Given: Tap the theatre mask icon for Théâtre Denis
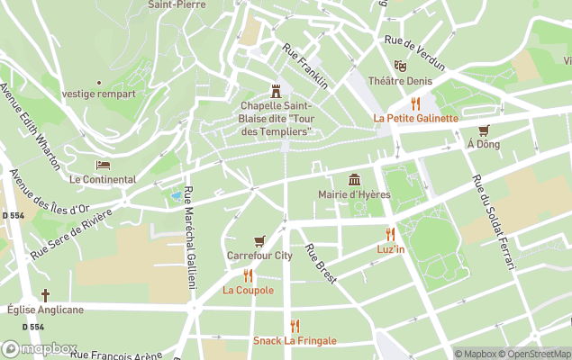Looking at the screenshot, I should tap(400, 66).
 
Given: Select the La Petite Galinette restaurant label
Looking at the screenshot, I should tap(415, 118).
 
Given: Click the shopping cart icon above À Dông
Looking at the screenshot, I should tap(484, 130).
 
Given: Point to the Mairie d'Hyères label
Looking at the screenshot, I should tap(355, 194).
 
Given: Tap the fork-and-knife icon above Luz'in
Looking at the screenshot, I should tap(390, 234).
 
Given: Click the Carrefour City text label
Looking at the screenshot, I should tap(259, 256).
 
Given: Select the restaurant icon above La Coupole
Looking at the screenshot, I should tap(248, 275).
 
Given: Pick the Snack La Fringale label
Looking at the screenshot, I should tap(294, 341).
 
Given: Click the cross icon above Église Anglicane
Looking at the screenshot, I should tap(45, 295).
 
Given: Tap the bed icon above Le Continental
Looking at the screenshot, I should tap(103, 166).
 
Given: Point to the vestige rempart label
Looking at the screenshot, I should tap(99, 94).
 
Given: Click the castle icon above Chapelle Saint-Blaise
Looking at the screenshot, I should tap(276, 91).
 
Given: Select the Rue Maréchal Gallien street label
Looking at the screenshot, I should tap(189, 237).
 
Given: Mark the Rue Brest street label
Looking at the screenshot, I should tap(320, 264).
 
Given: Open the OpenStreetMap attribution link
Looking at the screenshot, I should tap(537, 354).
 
